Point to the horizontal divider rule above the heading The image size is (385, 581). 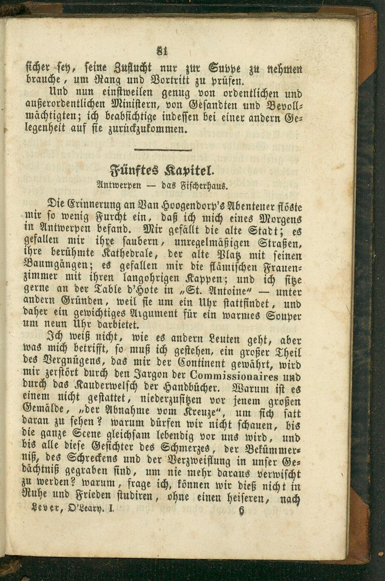(163, 150)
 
